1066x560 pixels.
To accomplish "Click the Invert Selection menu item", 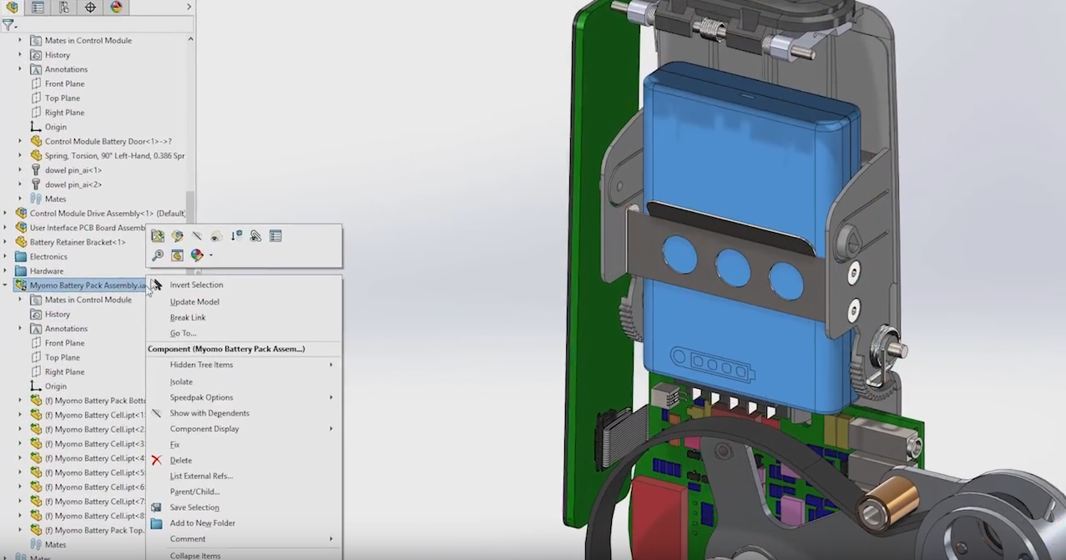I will [x=196, y=285].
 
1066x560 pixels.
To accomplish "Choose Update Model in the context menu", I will [x=195, y=301].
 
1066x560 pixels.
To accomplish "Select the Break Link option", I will [x=188, y=317].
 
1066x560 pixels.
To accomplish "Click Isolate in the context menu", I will [x=181, y=381].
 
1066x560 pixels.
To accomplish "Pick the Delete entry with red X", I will [x=180, y=460].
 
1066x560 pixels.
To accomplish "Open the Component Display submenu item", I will [x=205, y=428].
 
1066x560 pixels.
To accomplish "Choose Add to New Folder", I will [x=202, y=522].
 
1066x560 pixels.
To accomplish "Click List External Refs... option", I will [x=201, y=476].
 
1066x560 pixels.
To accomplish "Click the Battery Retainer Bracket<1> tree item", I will [x=78, y=242].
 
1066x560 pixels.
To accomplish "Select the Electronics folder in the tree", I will [x=48, y=256].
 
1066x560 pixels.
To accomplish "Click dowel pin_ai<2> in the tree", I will [x=73, y=184].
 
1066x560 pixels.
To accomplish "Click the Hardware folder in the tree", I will [x=47, y=270].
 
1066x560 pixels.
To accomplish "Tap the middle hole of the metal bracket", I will [x=732, y=267].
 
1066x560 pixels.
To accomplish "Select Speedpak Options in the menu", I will [x=201, y=397].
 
